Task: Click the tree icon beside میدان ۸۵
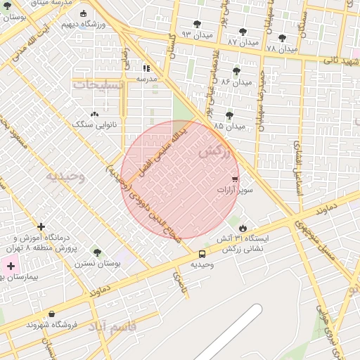tap(229, 115)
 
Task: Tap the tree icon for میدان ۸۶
tap(236, 71)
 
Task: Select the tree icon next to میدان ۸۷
tap(243, 32)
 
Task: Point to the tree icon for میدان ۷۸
tap(282, 38)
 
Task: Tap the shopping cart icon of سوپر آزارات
tap(235, 179)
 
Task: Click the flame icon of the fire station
tap(243, 228)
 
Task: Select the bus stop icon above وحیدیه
tap(202, 254)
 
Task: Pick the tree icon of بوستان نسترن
tap(96, 252)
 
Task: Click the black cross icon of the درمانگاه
tap(41, 227)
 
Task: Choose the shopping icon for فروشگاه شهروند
tap(51, 314)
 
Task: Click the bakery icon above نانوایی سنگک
tap(94, 114)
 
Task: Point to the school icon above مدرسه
tap(146, 68)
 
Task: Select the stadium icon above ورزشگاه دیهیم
tap(84, 13)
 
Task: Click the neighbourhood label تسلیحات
tap(98, 84)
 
